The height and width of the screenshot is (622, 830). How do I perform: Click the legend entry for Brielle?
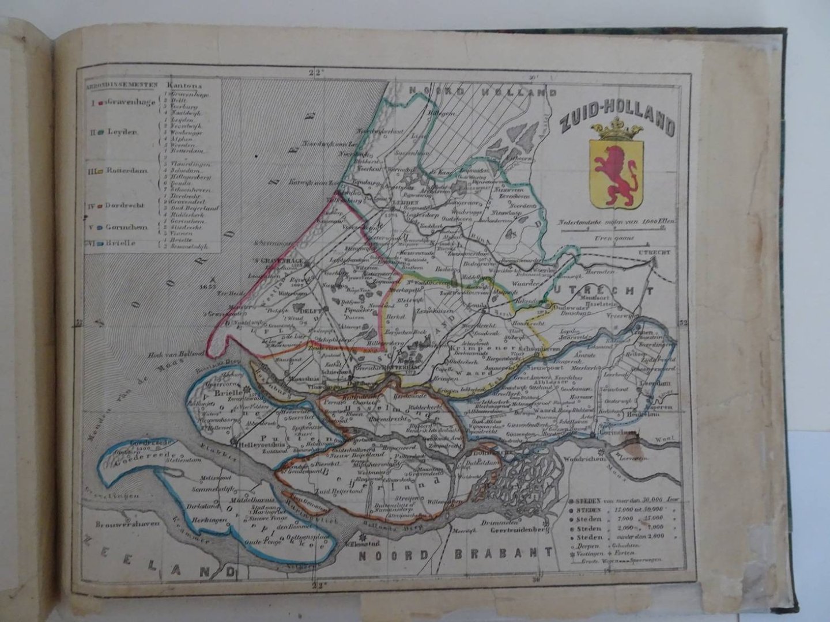click(x=118, y=244)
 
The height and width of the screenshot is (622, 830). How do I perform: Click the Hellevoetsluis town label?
click(x=254, y=445)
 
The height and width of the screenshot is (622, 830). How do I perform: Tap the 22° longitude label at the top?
click(x=315, y=73)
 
